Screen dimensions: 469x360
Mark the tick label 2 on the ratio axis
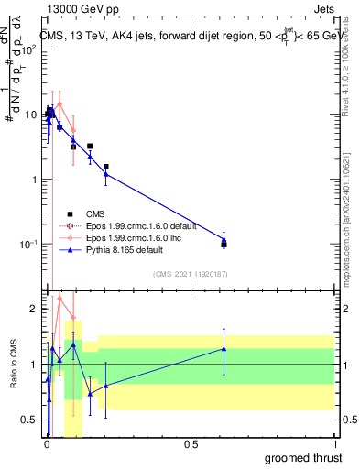click(35, 309)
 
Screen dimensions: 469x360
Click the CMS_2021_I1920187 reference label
click(191, 273)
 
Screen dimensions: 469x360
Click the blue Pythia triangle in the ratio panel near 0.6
click(224, 349)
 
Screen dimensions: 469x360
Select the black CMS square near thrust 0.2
click(106, 167)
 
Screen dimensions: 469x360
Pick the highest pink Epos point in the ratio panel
click(60, 298)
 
